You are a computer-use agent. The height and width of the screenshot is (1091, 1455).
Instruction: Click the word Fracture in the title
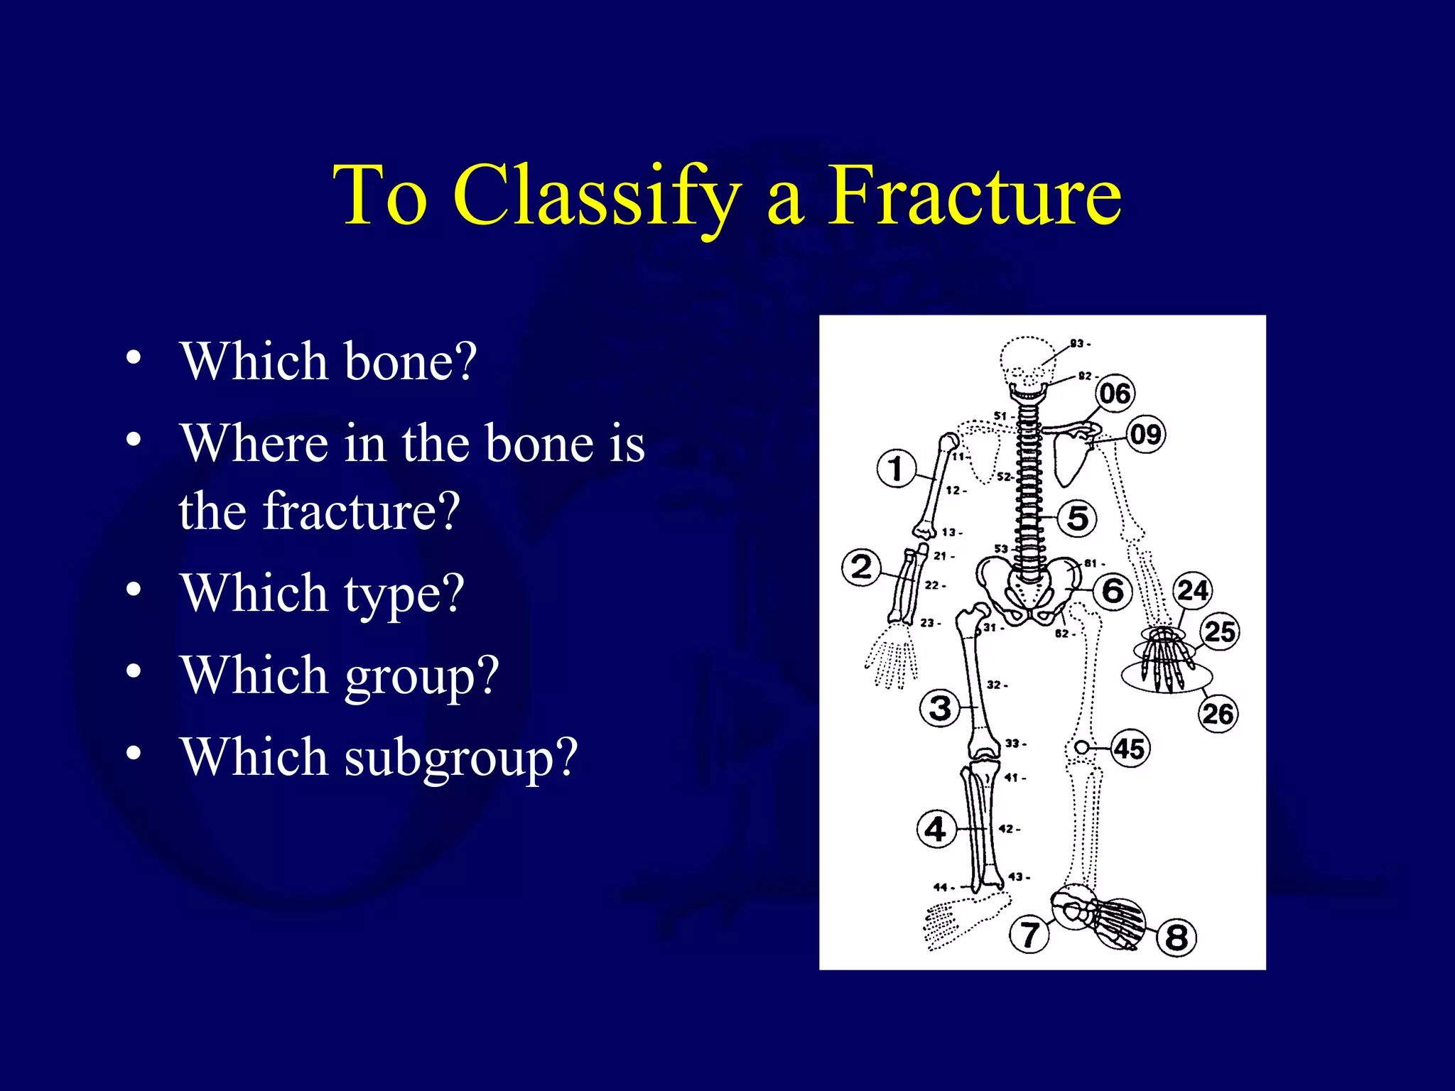click(975, 195)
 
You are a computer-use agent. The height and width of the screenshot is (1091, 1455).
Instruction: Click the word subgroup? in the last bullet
click(461, 759)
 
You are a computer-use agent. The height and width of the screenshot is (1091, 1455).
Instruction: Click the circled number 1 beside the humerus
click(896, 469)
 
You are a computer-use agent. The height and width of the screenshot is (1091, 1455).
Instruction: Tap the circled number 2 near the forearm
click(861, 567)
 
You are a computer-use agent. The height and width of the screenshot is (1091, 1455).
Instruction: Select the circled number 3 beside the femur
click(939, 708)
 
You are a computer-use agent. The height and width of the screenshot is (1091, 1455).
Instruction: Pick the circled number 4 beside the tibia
click(935, 829)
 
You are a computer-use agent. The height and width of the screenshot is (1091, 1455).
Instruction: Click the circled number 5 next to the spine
click(1077, 518)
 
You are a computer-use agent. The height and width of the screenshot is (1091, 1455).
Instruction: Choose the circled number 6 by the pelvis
click(1113, 590)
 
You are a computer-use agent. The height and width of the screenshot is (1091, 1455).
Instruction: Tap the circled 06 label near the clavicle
click(1115, 393)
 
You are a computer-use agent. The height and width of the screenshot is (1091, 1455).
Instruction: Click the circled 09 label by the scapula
click(1145, 434)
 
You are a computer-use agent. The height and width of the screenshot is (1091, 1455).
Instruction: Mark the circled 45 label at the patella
click(1129, 748)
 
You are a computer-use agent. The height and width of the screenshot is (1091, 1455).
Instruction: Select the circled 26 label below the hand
click(1218, 713)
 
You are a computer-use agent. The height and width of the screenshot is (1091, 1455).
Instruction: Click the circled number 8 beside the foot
click(1177, 937)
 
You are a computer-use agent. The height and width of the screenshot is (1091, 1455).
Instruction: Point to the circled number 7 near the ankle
click(1029, 934)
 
